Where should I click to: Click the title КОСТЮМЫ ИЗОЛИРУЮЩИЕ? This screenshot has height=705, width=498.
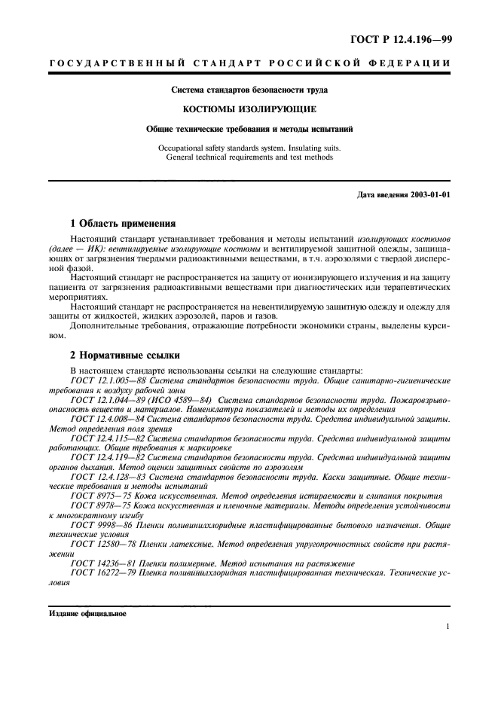[249, 109]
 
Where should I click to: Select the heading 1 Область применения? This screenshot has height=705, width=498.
[122, 223]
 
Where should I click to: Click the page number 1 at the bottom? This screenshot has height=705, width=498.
[448, 626]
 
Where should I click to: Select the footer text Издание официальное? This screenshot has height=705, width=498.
[87, 612]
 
